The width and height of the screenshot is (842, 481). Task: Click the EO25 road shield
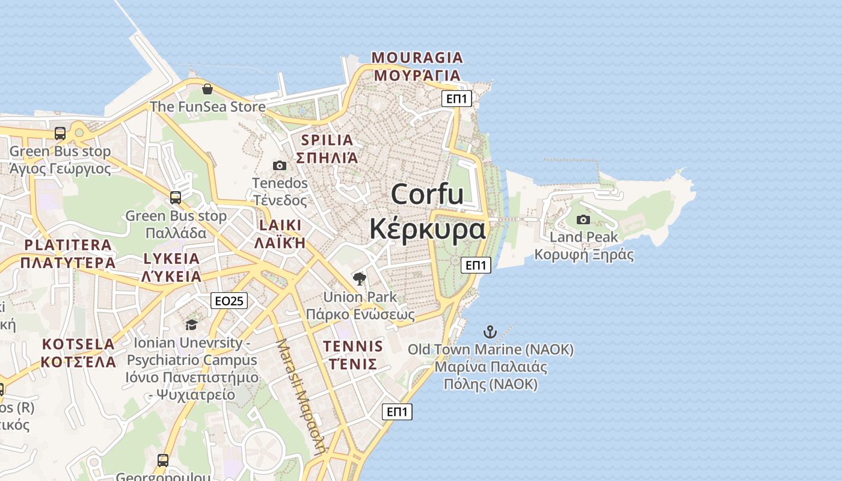tap(229, 301)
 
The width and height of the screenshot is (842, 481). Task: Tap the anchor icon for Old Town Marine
tap(490, 331)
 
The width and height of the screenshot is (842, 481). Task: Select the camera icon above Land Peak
tap(583, 220)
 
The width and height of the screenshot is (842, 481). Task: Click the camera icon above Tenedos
tap(280, 165)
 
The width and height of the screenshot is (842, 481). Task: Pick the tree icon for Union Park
tap(360, 278)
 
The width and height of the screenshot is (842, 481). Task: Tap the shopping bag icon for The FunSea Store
tap(207, 90)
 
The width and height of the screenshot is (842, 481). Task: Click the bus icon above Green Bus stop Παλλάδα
tap(176, 197)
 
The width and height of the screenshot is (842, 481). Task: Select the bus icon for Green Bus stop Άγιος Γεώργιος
tap(60, 133)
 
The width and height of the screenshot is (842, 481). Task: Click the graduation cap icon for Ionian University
tap(191, 325)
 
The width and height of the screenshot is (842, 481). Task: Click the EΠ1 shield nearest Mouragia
tap(456, 99)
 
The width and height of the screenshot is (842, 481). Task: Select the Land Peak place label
tap(583, 237)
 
